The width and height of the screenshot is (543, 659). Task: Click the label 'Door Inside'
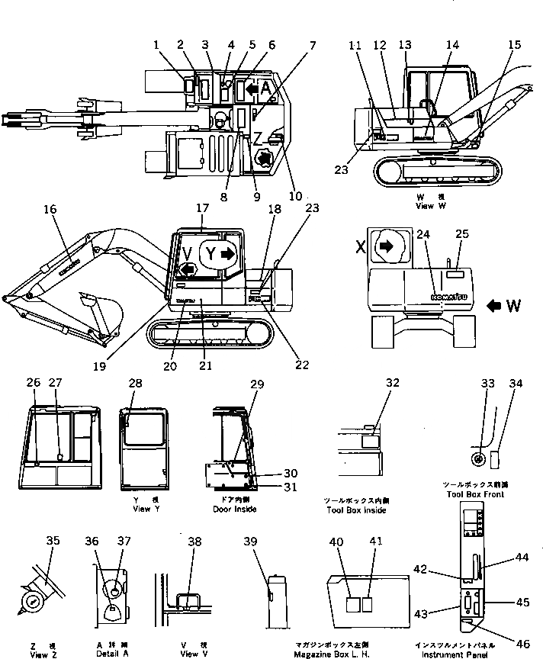(235, 509)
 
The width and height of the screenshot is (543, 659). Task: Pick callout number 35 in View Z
(52, 541)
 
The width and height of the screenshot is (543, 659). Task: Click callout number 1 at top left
(157, 45)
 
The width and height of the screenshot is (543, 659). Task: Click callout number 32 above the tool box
(392, 383)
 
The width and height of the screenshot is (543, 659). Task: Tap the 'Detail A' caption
(112, 654)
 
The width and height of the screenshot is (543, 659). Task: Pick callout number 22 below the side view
(302, 365)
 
